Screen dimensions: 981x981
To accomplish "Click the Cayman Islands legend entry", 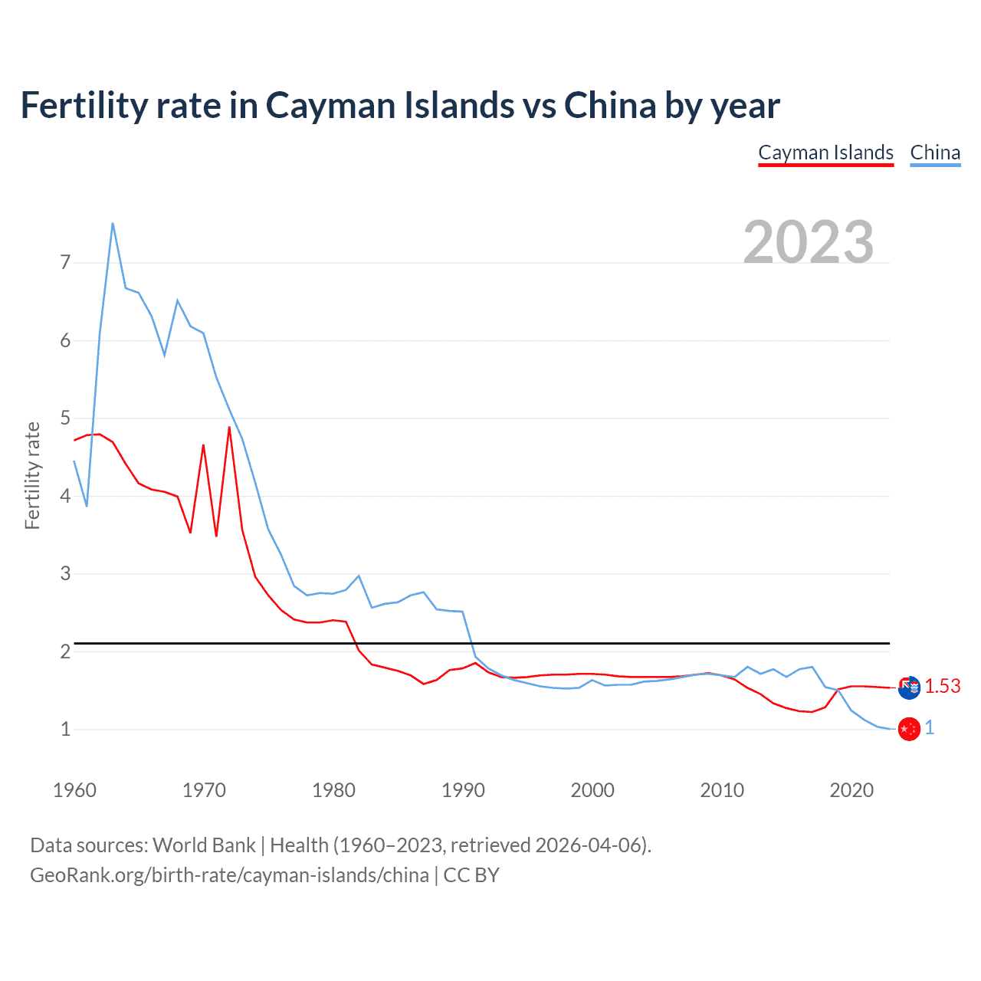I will click(825, 153).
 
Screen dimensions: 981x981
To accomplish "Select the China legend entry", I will click(935, 153).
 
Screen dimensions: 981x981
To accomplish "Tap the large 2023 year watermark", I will click(809, 242).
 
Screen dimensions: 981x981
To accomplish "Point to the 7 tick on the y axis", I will click(65, 263).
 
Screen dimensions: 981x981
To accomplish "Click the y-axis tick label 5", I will click(65, 418).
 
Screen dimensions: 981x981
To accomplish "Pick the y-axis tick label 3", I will click(65, 574).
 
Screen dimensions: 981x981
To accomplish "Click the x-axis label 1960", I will click(74, 790).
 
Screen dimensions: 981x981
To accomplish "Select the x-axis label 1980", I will click(333, 790).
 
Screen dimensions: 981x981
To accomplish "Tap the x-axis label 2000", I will click(592, 790).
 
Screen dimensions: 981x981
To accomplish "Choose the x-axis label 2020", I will click(851, 790).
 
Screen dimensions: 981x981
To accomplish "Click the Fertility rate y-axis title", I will click(32, 475).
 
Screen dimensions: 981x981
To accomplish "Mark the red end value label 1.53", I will click(943, 686).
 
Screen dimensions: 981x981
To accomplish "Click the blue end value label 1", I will click(930, 728).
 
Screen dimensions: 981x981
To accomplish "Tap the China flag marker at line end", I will click(909, 729).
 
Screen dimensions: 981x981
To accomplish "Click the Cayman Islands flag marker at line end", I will click(909, 687).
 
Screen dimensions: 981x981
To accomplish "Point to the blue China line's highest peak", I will click(113, 223).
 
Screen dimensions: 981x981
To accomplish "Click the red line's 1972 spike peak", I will click(229, 427).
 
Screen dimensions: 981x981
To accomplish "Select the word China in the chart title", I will click(610, 105).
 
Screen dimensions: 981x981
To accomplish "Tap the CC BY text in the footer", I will click(471, 875).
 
